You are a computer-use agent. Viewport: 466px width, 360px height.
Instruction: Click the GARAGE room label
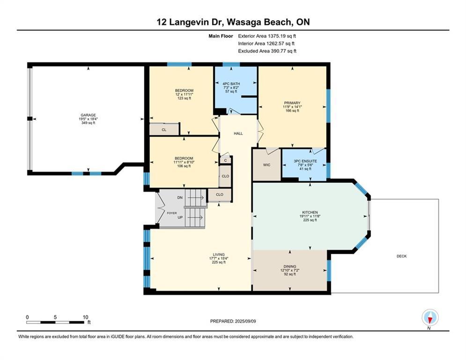[88, 115]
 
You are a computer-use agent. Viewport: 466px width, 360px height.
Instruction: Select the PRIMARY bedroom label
[292, 103]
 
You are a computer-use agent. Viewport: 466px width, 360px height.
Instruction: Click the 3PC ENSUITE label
[305, 161]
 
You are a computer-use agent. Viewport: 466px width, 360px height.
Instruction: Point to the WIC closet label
[266, 165]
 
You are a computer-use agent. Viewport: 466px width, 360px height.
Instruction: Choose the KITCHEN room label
[310, 211]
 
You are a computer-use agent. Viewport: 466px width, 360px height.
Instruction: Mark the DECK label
[401, 256]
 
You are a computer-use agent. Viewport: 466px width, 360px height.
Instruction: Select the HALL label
[238, 134]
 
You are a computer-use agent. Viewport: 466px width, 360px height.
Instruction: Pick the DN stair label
[180, 198]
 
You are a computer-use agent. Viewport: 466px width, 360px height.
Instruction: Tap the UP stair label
[180, 218]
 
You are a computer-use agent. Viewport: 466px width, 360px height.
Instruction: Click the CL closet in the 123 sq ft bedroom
[164, 130]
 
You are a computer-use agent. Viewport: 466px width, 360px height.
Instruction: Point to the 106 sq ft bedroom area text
[184, 166]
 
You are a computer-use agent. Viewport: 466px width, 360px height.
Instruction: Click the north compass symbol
[429, 318]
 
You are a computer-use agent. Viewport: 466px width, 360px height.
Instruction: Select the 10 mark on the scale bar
[85, 317]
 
